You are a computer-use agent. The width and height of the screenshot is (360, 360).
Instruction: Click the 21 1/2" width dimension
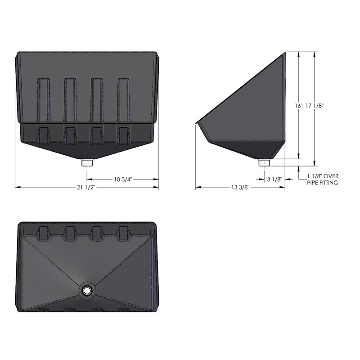coord(86,187)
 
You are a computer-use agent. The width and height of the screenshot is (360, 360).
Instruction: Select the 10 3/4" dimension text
coord(122,180)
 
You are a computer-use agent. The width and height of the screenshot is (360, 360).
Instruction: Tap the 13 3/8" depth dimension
coord(240,187)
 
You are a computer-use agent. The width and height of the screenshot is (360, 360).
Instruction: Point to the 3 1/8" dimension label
coord(274,180)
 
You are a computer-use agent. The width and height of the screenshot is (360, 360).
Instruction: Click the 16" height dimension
coord(298,106)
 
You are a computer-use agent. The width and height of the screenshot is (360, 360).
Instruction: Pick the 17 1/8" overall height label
coord(315,106)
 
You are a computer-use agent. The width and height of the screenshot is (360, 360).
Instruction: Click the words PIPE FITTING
coord(323,183)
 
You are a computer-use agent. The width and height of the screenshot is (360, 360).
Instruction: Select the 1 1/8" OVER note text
coord(323,176)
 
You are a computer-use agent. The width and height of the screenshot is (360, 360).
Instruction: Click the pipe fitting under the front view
coord(86,162)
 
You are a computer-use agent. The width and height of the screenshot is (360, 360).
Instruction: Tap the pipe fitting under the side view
coord(265,162)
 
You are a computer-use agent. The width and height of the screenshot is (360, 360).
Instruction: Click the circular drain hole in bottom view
coord(86,291)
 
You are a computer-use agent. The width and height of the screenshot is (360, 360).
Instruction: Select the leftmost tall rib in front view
coord(44,100)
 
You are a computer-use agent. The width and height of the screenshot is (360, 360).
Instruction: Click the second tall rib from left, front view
coord(71,100)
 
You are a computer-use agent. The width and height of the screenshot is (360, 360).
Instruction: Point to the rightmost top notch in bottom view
coord(124,233)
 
